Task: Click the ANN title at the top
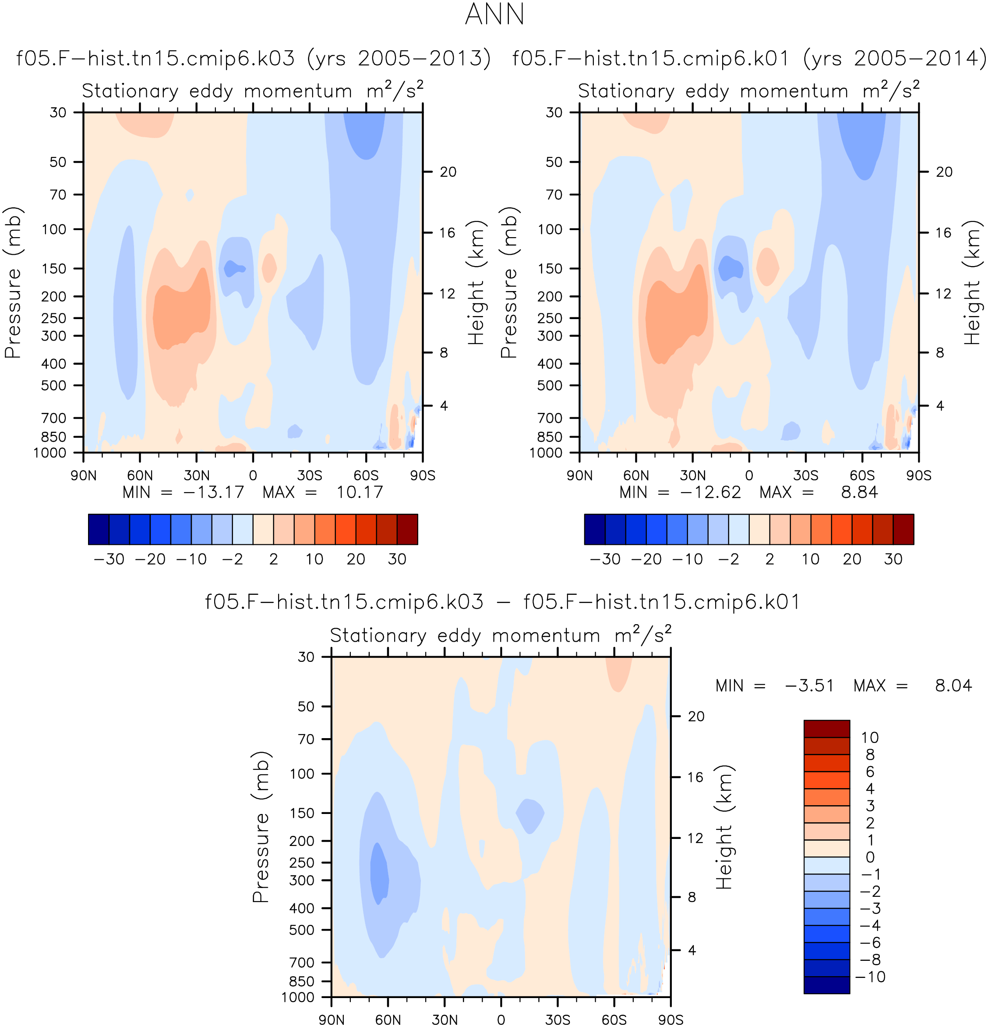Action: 494,14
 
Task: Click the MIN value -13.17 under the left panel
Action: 214,493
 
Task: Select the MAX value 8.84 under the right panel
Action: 859,493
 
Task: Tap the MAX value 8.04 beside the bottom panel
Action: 953,686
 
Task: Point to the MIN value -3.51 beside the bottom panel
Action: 809,686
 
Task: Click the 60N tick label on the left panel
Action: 140,476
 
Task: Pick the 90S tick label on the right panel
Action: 919,476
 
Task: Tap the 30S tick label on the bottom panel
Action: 558,1020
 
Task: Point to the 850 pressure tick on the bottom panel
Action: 302,981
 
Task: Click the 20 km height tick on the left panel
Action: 448,172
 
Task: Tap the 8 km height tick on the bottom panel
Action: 692,898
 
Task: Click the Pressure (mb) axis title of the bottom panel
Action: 261,827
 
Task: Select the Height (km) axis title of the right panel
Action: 972,282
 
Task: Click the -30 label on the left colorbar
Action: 109,560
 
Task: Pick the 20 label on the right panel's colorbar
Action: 852,560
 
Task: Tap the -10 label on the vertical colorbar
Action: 870,977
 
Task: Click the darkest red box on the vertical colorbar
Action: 827,729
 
